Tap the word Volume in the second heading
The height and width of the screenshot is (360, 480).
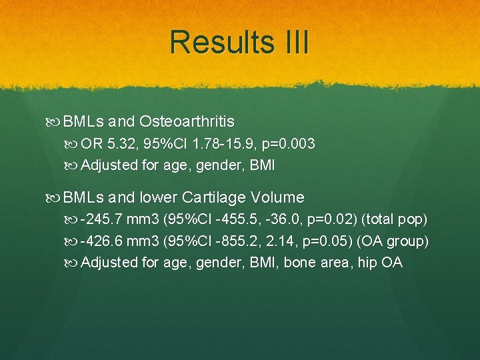(277, 197)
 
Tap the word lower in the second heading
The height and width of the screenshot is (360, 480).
(159, 197)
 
